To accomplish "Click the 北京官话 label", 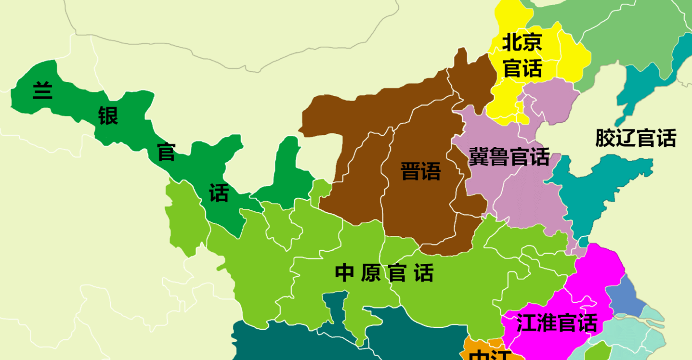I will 522,55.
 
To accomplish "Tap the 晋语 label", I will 420,171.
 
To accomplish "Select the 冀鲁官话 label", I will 509,156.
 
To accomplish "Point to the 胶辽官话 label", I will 636,138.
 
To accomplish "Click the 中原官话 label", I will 384,273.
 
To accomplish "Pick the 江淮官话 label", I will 557,323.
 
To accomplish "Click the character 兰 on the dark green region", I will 42,90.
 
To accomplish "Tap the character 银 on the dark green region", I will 108,116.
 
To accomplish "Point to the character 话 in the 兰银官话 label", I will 219,193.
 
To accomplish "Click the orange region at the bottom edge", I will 486,350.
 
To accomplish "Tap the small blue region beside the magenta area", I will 626,296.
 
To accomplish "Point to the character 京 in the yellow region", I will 533,43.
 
